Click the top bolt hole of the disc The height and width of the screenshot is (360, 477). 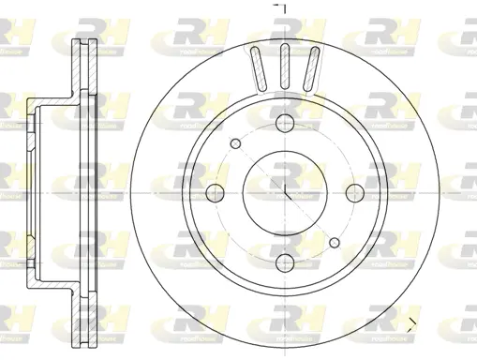(x=284, y=121)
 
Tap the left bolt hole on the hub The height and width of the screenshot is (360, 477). (x=213, y=192)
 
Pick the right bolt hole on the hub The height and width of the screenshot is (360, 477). (x=355, y=192)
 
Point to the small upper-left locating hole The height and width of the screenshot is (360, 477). (x=234, y=142)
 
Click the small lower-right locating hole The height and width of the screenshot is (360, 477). (x=335, y=243)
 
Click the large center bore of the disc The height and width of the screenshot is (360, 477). (x=284, y=192)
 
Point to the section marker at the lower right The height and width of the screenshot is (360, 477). (x=416, y=325)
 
